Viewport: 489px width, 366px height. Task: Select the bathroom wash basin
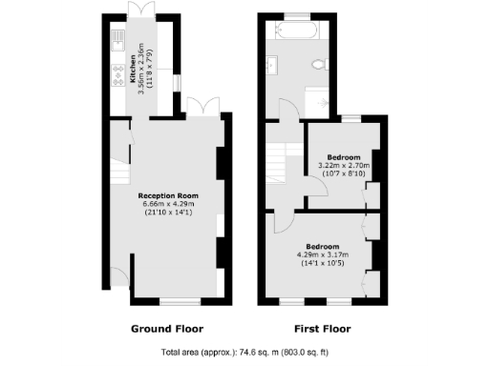pyautogui.click(x=272, y=66)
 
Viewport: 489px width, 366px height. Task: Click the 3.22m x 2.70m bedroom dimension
pyautogui.click(x=343, y=165)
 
